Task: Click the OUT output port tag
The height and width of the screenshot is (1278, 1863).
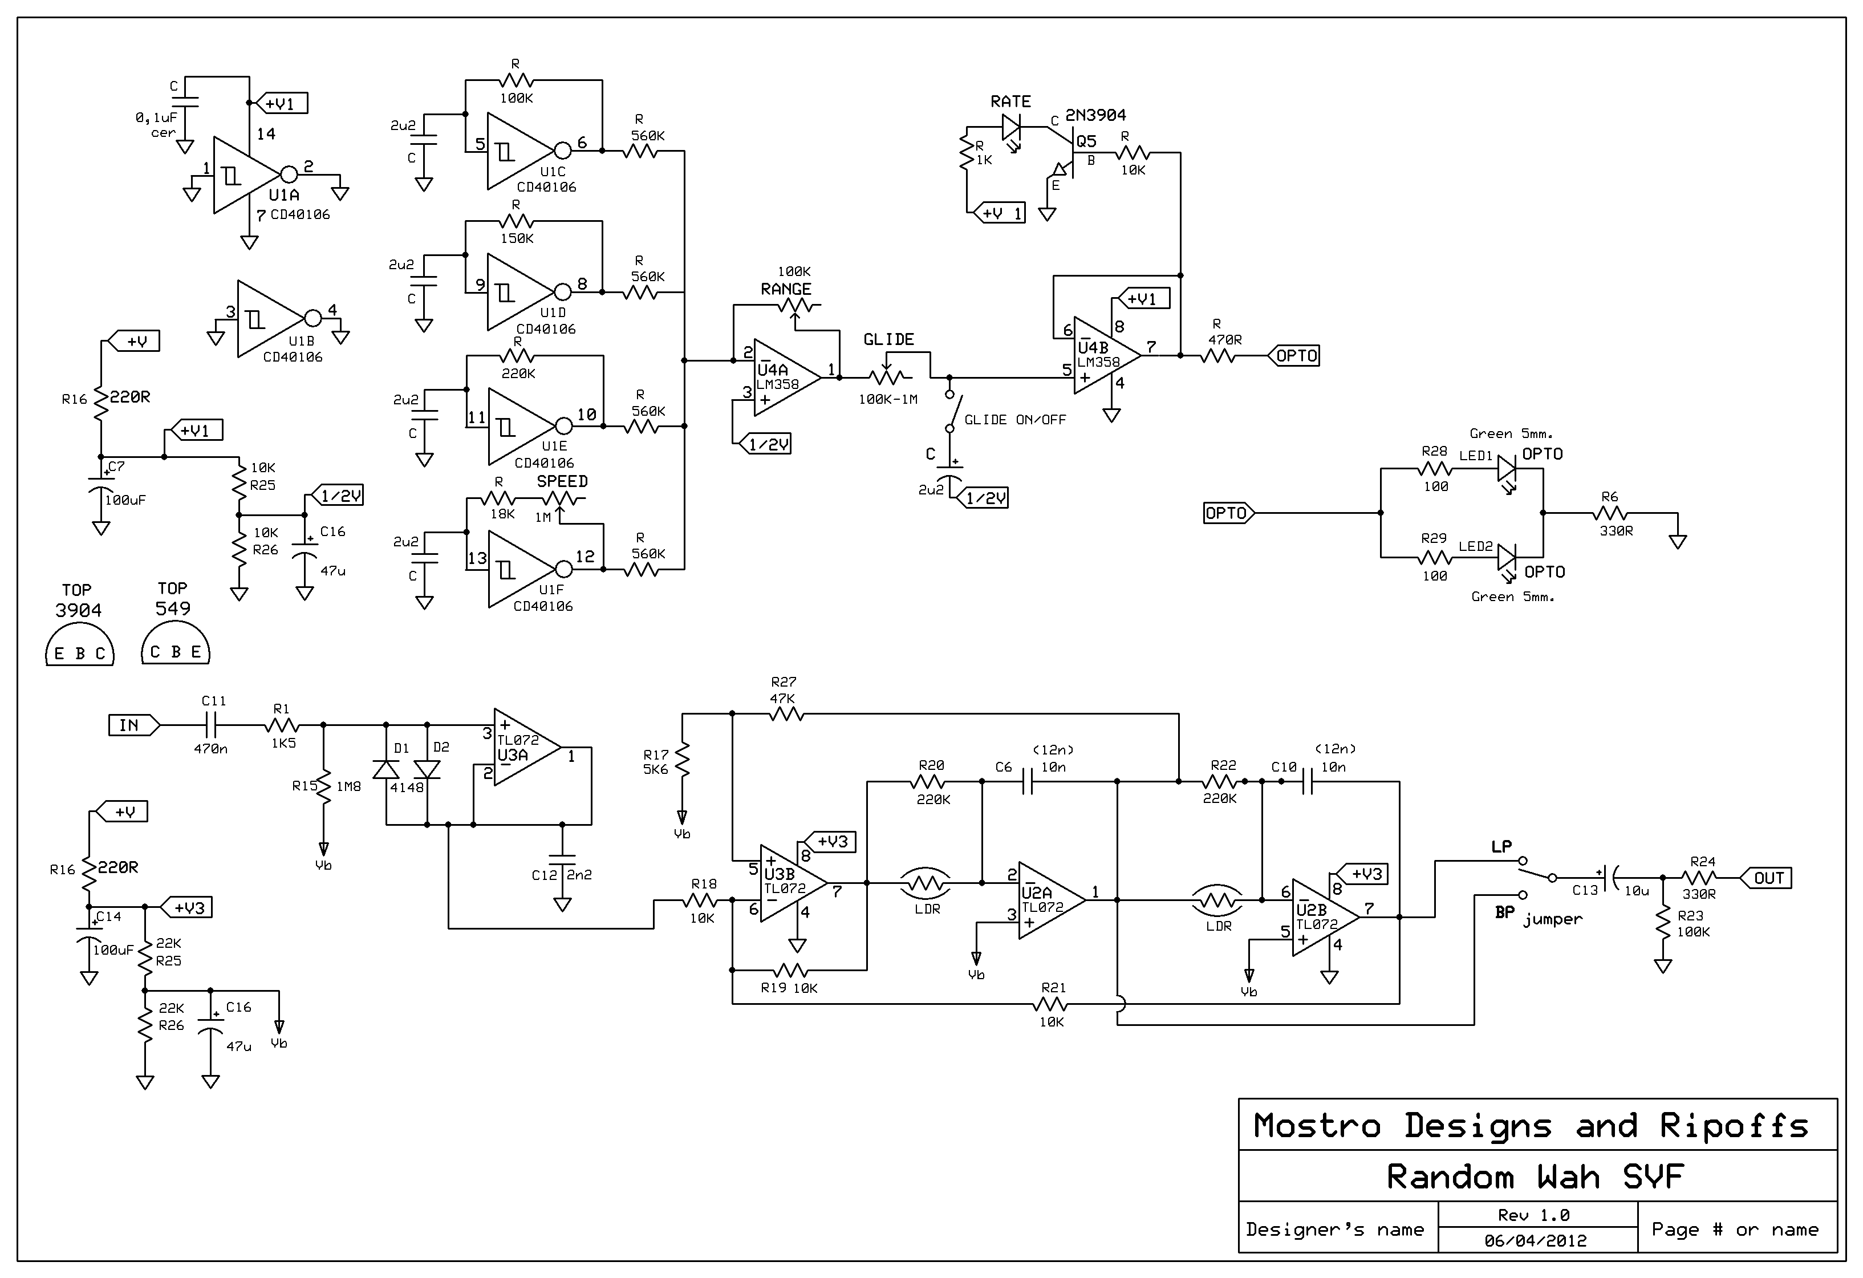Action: click(1764, 878)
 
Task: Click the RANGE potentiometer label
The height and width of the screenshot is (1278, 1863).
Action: click(786, 290)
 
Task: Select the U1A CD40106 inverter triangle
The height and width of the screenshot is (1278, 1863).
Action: click(247, 175)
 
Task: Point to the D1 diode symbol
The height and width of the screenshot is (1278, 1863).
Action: click(388, 768)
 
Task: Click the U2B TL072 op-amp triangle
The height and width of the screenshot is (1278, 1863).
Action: click(1324, 917)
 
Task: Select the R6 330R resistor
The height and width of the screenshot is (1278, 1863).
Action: click(1610, 513)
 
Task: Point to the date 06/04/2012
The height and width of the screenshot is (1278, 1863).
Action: click(1536, 1240)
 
